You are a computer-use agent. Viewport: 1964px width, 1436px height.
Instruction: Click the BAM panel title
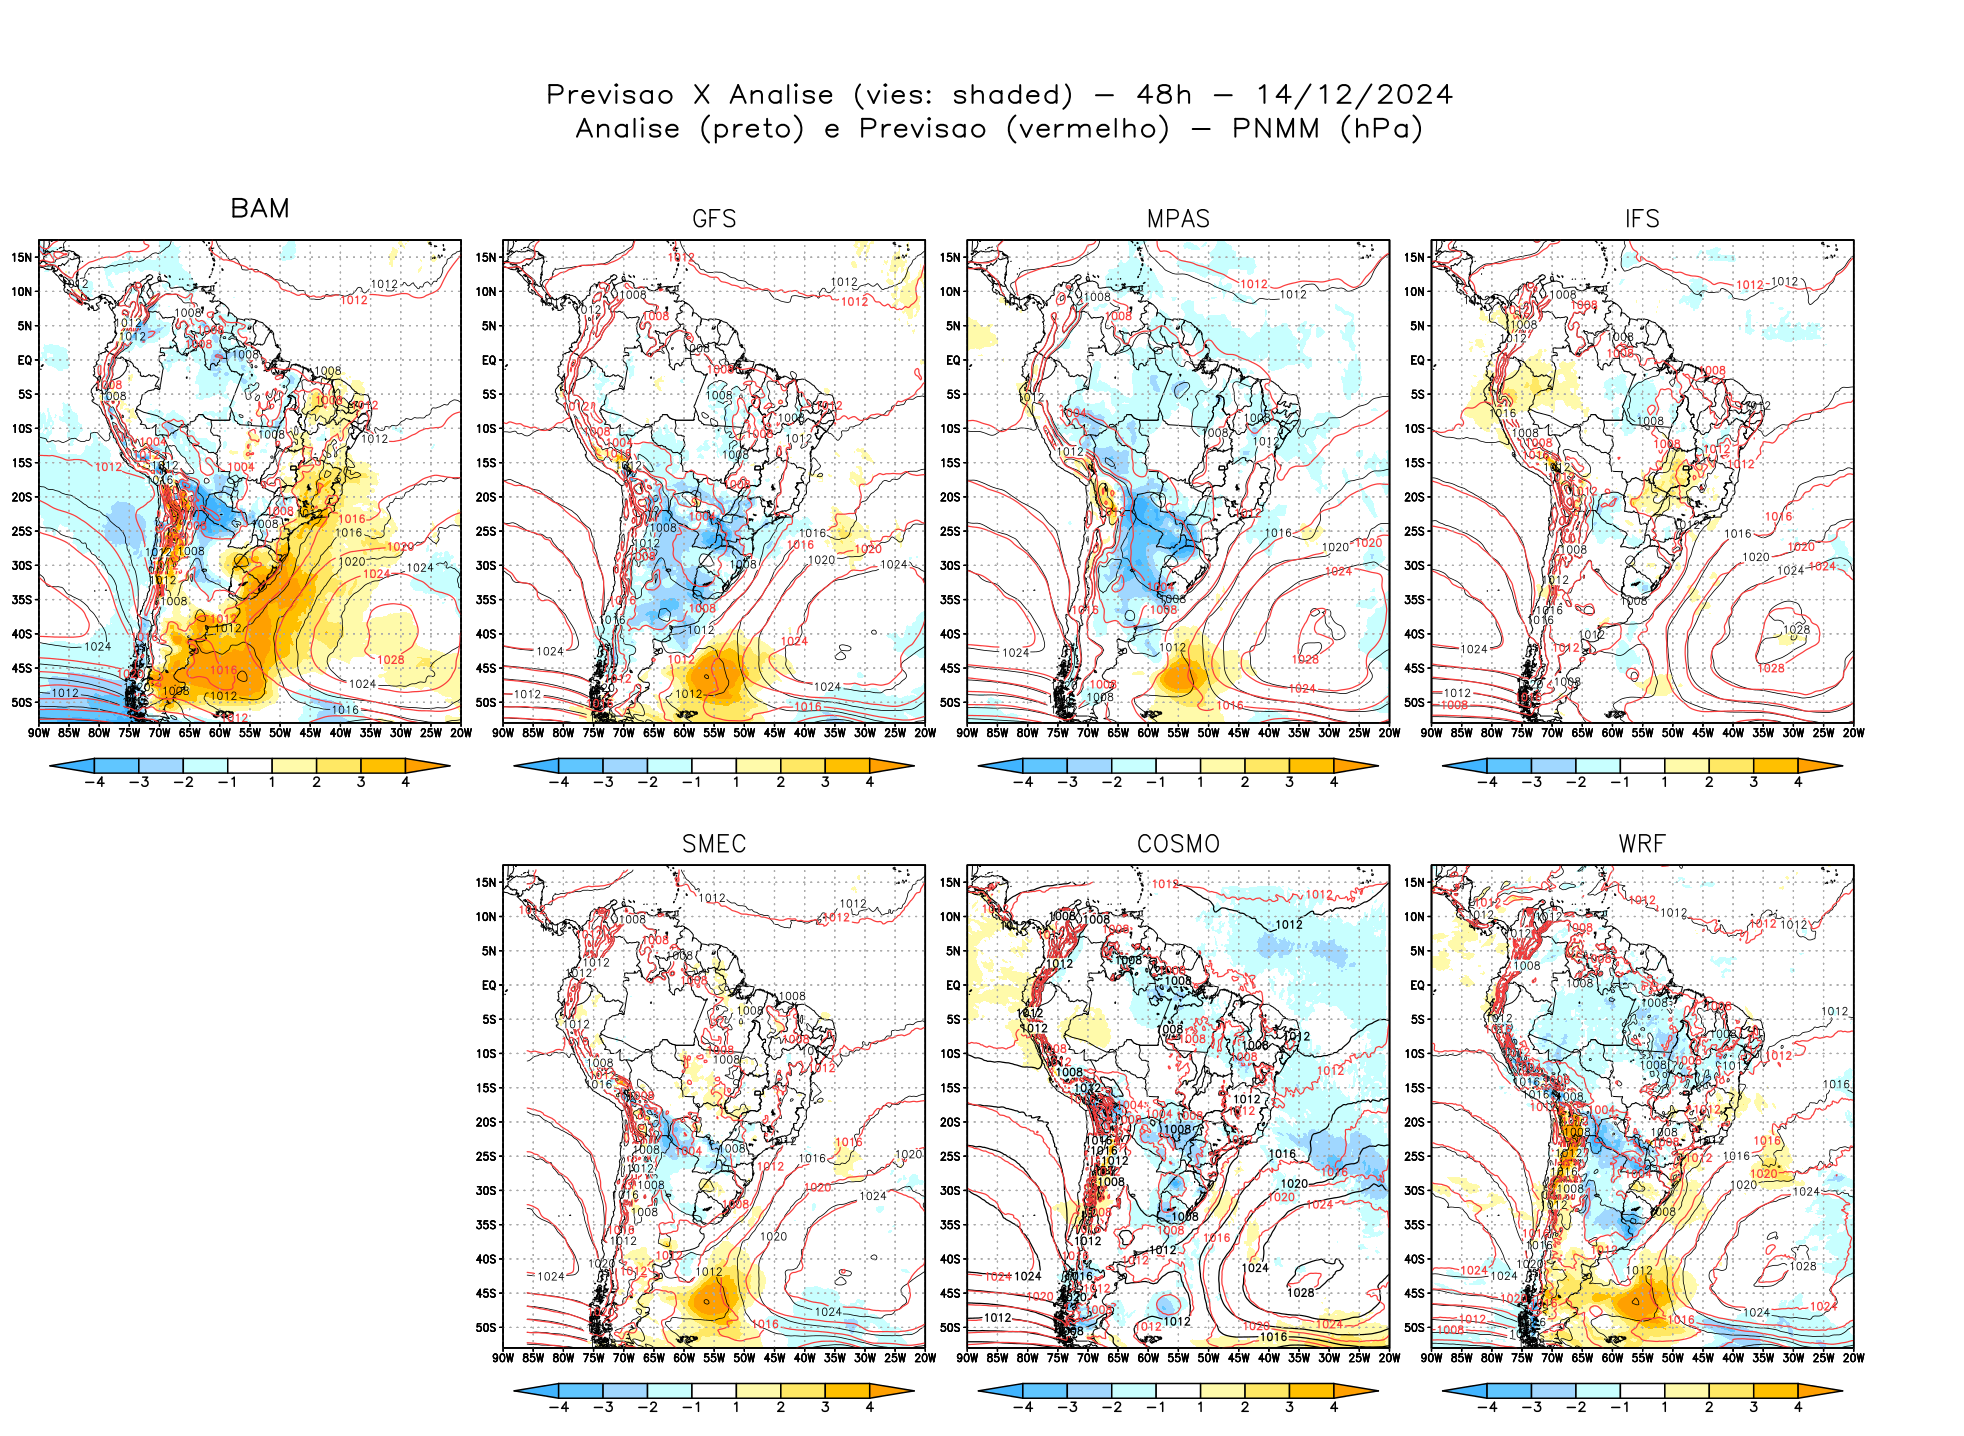[260, 208]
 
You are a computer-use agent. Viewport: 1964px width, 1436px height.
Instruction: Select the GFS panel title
[714, 219]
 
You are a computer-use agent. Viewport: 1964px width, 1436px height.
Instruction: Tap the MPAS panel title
[1178, 219]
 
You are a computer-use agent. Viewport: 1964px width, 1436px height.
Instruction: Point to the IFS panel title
[1642, 219]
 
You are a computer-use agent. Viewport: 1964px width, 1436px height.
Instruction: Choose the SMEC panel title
[714, 844]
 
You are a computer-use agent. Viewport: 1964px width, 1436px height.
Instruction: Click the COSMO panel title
[1178, 844]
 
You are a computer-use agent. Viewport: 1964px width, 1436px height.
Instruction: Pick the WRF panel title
[1642, 844]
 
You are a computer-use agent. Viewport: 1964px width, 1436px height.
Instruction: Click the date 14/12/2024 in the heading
[1354, 95]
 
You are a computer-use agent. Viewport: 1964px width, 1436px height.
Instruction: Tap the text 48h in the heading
[1164, 95]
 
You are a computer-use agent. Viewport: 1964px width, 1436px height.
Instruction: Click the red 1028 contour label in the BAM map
[391, 660]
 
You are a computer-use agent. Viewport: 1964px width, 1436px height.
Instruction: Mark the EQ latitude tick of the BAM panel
[25, 360]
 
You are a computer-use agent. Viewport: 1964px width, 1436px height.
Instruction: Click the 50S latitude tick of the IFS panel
[1414, 702]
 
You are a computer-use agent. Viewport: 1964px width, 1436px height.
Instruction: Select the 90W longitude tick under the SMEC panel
[503, 1358]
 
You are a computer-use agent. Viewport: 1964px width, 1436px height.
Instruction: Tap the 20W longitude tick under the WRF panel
[1853, 1358]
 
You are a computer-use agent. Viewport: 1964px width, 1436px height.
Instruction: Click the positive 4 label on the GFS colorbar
[870, 782]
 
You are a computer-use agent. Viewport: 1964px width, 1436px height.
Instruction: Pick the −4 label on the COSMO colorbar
[1022, 1407]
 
